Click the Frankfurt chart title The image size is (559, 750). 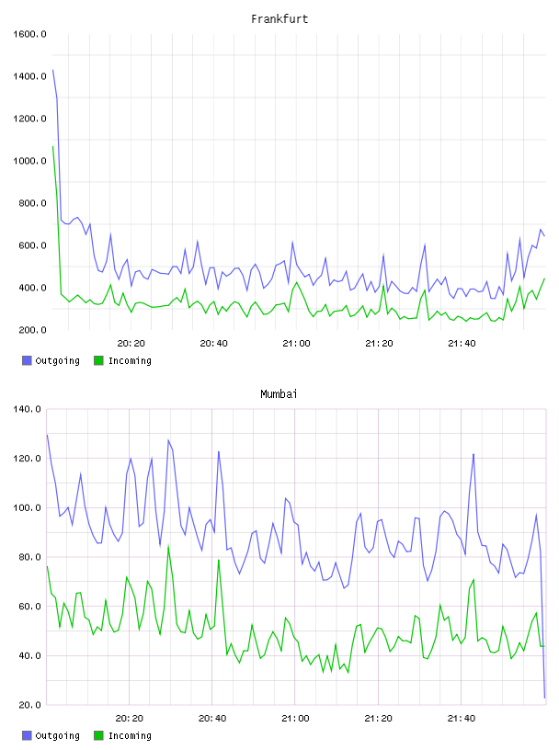point(279,18)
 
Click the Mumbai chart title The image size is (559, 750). point(279,393)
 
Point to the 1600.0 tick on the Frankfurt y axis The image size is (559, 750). point(29,34)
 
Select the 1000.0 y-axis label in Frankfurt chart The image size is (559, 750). point(29,161)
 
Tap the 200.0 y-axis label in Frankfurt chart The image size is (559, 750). point(32,330)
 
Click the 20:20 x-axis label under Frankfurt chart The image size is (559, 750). point(131,344)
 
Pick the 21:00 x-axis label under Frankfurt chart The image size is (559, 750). point(296,344)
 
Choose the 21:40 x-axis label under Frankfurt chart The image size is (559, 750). point(462,344)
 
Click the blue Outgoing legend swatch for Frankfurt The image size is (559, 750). point(27,360)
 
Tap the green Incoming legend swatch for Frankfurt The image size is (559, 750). point(98,360)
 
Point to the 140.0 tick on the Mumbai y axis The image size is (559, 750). point(27,409)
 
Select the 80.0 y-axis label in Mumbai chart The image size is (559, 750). point(29,557)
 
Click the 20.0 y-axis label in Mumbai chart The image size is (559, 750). point(29,705)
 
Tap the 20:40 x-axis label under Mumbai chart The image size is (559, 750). point(212,719)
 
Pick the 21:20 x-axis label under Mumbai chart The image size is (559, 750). point(378,719)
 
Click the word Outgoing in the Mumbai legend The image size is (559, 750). point(57,735)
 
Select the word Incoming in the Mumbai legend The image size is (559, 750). point(130,735)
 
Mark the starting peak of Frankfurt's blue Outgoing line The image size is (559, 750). point(53,70)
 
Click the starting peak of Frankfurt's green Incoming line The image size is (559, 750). point(53,146)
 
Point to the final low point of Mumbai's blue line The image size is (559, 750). point(544,698)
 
